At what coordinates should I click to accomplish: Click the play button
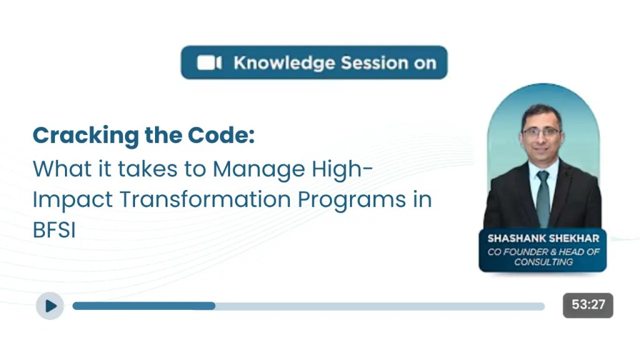[x=50, y=306]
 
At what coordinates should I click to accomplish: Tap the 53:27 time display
[x=588, y=305]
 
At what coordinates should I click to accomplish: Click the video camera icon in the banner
[x=209, y=63]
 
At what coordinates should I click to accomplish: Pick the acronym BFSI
[x=54, y=229]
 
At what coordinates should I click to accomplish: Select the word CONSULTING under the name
[x=543, y=262]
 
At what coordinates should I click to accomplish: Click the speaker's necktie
[x=543, y=197]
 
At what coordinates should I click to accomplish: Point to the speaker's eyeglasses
[x=542, y=132]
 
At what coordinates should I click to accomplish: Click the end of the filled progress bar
[x=214, y=306]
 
